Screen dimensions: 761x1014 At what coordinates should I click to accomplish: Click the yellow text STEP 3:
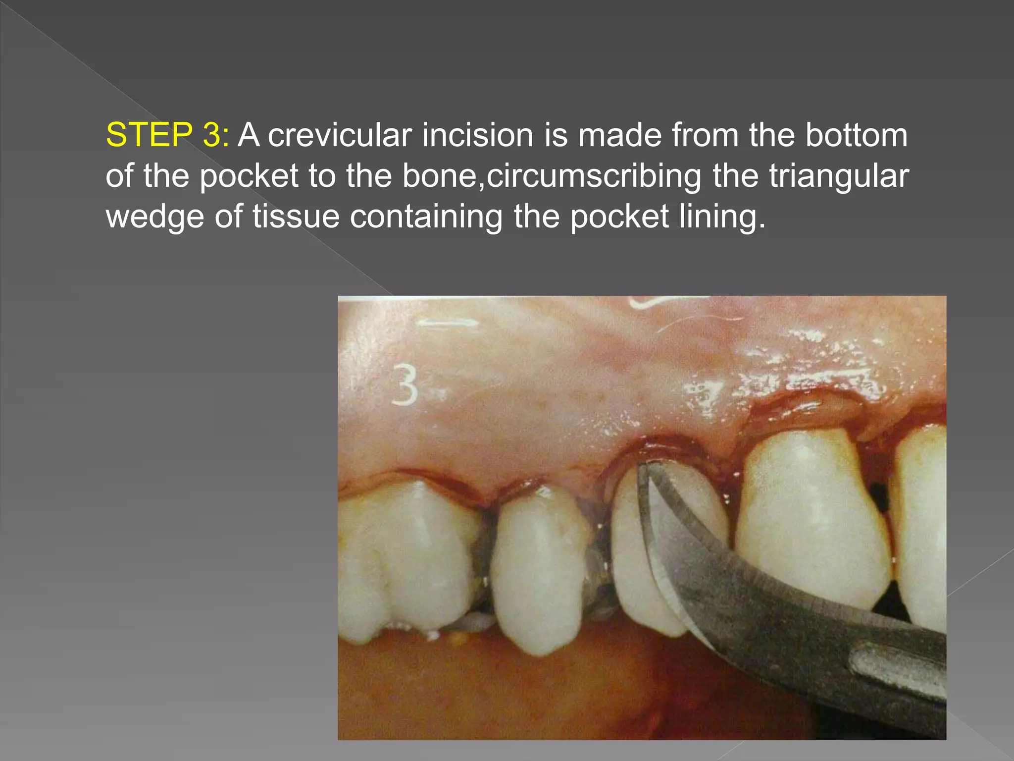point(167,135)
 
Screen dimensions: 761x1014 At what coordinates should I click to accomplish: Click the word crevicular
point(340,135)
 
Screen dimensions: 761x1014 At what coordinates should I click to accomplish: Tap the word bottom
point(857,135)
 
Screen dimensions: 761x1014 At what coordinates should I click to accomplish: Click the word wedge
point(154,217)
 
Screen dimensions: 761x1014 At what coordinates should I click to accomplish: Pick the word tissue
point(296,217)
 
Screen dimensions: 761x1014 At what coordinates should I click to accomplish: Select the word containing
point(426,217)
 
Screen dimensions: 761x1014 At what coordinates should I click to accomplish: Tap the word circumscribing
point(594,176)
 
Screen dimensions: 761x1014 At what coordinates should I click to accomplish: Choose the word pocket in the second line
point(249,176)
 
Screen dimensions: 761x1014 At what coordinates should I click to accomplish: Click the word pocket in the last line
point(619,217)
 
